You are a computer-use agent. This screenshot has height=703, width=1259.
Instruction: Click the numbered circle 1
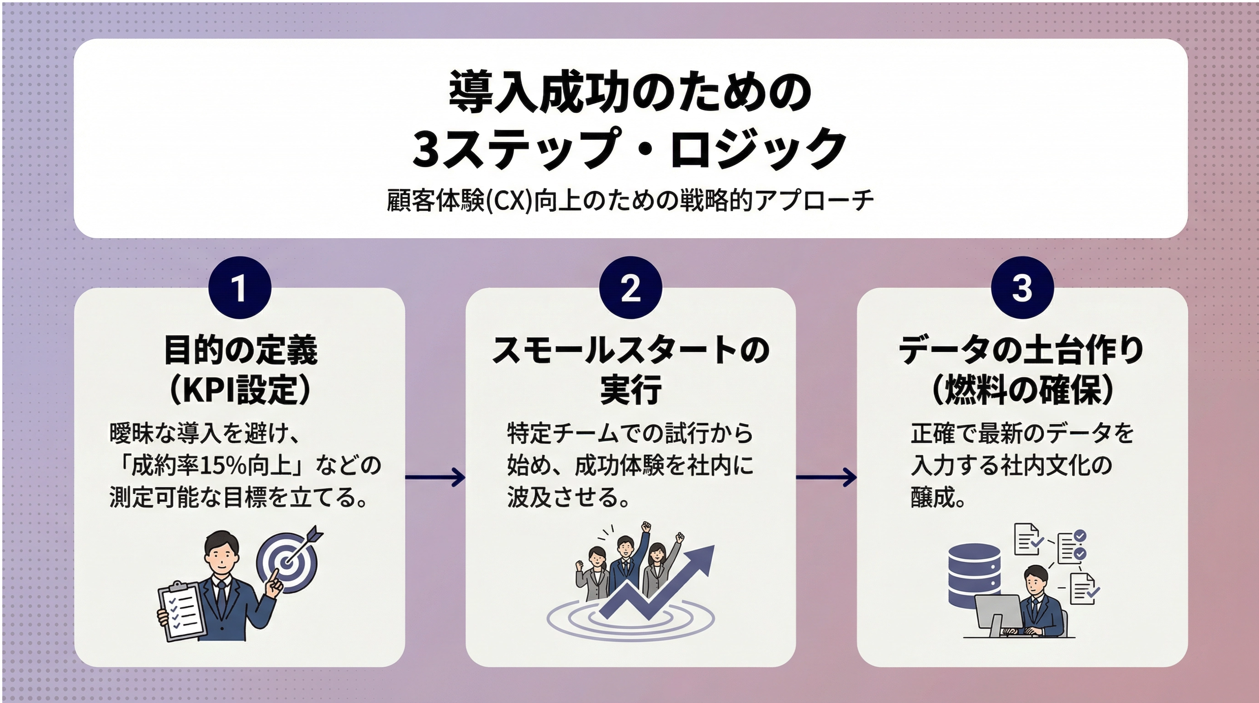(x=239, y=288)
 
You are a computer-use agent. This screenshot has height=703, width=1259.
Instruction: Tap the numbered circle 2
(x=630, y=288)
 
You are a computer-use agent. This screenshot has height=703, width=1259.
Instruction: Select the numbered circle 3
(x=1022, y=288)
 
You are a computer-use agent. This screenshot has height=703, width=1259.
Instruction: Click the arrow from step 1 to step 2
(x=435, y=477)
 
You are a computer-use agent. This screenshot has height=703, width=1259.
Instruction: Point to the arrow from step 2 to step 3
(x=826, y=477)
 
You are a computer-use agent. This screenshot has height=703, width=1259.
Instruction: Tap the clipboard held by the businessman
(x=180, y=611)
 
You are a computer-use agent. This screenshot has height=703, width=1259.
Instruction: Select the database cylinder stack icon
(x=974, y=576)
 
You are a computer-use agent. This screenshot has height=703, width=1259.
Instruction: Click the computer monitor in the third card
(x=997, y=614)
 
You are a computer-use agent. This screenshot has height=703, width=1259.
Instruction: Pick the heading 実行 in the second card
(x=630, y=390)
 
